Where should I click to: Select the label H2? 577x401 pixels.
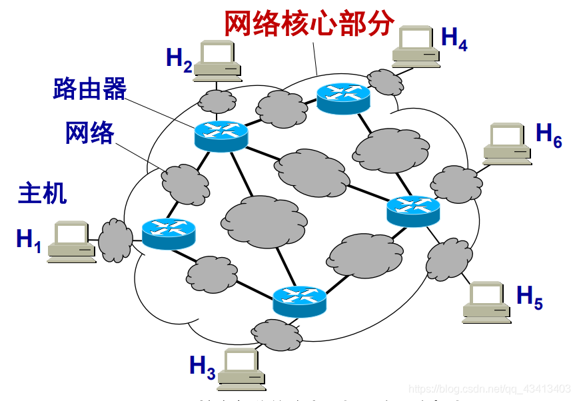pos(179,60)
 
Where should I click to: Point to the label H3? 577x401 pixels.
pos(202,367)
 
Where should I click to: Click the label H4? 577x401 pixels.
pos(454,39)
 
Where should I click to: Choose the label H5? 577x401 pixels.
pos(530,297)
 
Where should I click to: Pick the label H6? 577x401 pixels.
pos(549,135)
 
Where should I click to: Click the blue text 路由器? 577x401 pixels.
pos(89,89)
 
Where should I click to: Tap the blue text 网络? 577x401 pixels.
pos(89,133)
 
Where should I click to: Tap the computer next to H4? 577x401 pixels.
pos(416,47)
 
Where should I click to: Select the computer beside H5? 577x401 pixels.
pos(487,302)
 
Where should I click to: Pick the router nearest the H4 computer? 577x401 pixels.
pos(343,98)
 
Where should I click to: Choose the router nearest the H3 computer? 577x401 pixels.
pos(300,301)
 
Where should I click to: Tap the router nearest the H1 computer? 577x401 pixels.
pos(169,233)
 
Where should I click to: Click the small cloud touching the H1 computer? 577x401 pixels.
pos(116,239)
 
